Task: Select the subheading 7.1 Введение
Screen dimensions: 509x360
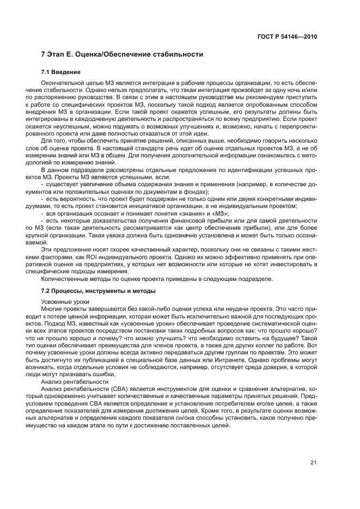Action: coord(61,72)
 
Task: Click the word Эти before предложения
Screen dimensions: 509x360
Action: coord(48,249)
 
